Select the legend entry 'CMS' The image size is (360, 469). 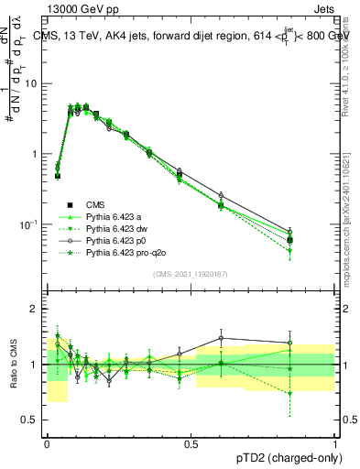(95, 205)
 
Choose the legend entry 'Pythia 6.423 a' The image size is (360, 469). (115, 217)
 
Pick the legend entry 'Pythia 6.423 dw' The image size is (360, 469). (118, 229)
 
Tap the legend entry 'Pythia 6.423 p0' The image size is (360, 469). (118, 241)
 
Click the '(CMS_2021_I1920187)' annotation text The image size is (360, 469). (190, 274)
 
